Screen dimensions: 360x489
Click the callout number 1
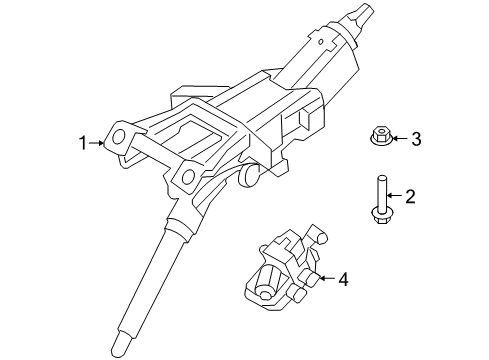(x=85, y=143)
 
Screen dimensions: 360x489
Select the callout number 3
(x=417, y=139)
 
